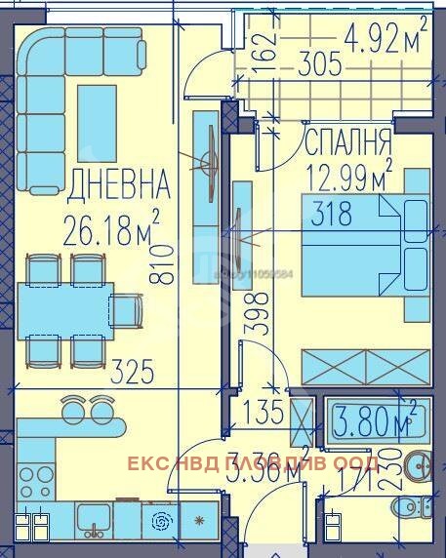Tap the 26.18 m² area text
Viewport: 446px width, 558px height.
(110, 231)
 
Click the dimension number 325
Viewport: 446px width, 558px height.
(132, 370)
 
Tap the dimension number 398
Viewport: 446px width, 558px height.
(256, 315)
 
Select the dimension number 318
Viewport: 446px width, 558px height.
(332, 216)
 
